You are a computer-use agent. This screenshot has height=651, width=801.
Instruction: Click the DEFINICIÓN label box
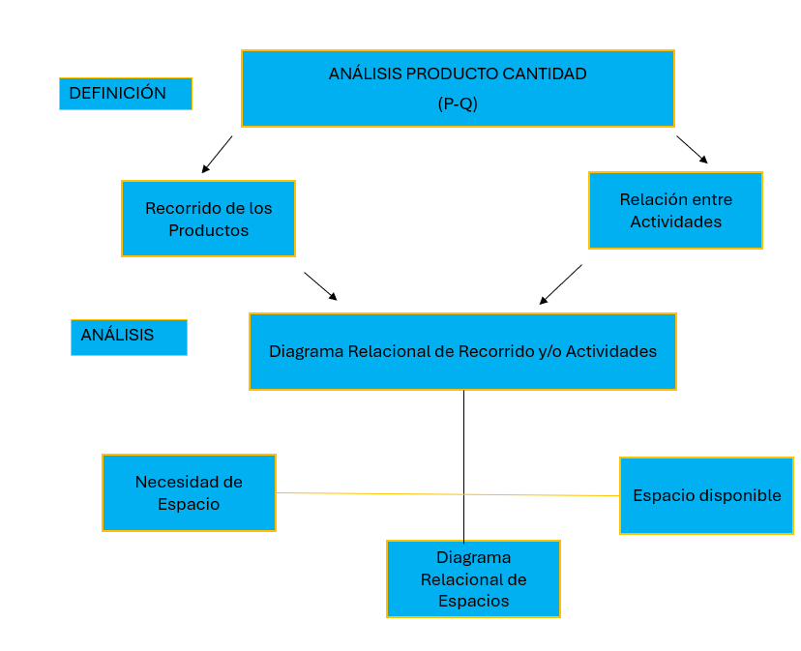click(x=126, y=94)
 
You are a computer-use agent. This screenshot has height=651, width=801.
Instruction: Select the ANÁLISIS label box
click(x=129, y=337)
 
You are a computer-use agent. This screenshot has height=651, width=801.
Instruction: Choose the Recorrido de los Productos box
click(x=208, y=219)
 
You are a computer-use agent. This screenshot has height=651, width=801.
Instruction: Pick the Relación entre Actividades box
click(x=675, y=210)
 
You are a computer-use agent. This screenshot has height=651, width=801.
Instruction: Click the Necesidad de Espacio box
click(x=189, y=492)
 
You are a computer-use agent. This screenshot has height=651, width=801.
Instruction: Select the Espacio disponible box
click(x=706, y=495)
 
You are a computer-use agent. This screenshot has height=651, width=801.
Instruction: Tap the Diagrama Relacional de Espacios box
click(x=473, y=578)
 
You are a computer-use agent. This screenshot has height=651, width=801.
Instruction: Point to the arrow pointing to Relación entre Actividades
click(x=693, y=150)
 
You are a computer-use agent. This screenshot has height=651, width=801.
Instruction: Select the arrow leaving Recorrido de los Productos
click(x=320, y=286)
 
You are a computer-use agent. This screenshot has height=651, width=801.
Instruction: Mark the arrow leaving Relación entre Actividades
click(x=561, y=284)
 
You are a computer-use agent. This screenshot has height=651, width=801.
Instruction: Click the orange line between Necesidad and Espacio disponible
click(x=387, y=493)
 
